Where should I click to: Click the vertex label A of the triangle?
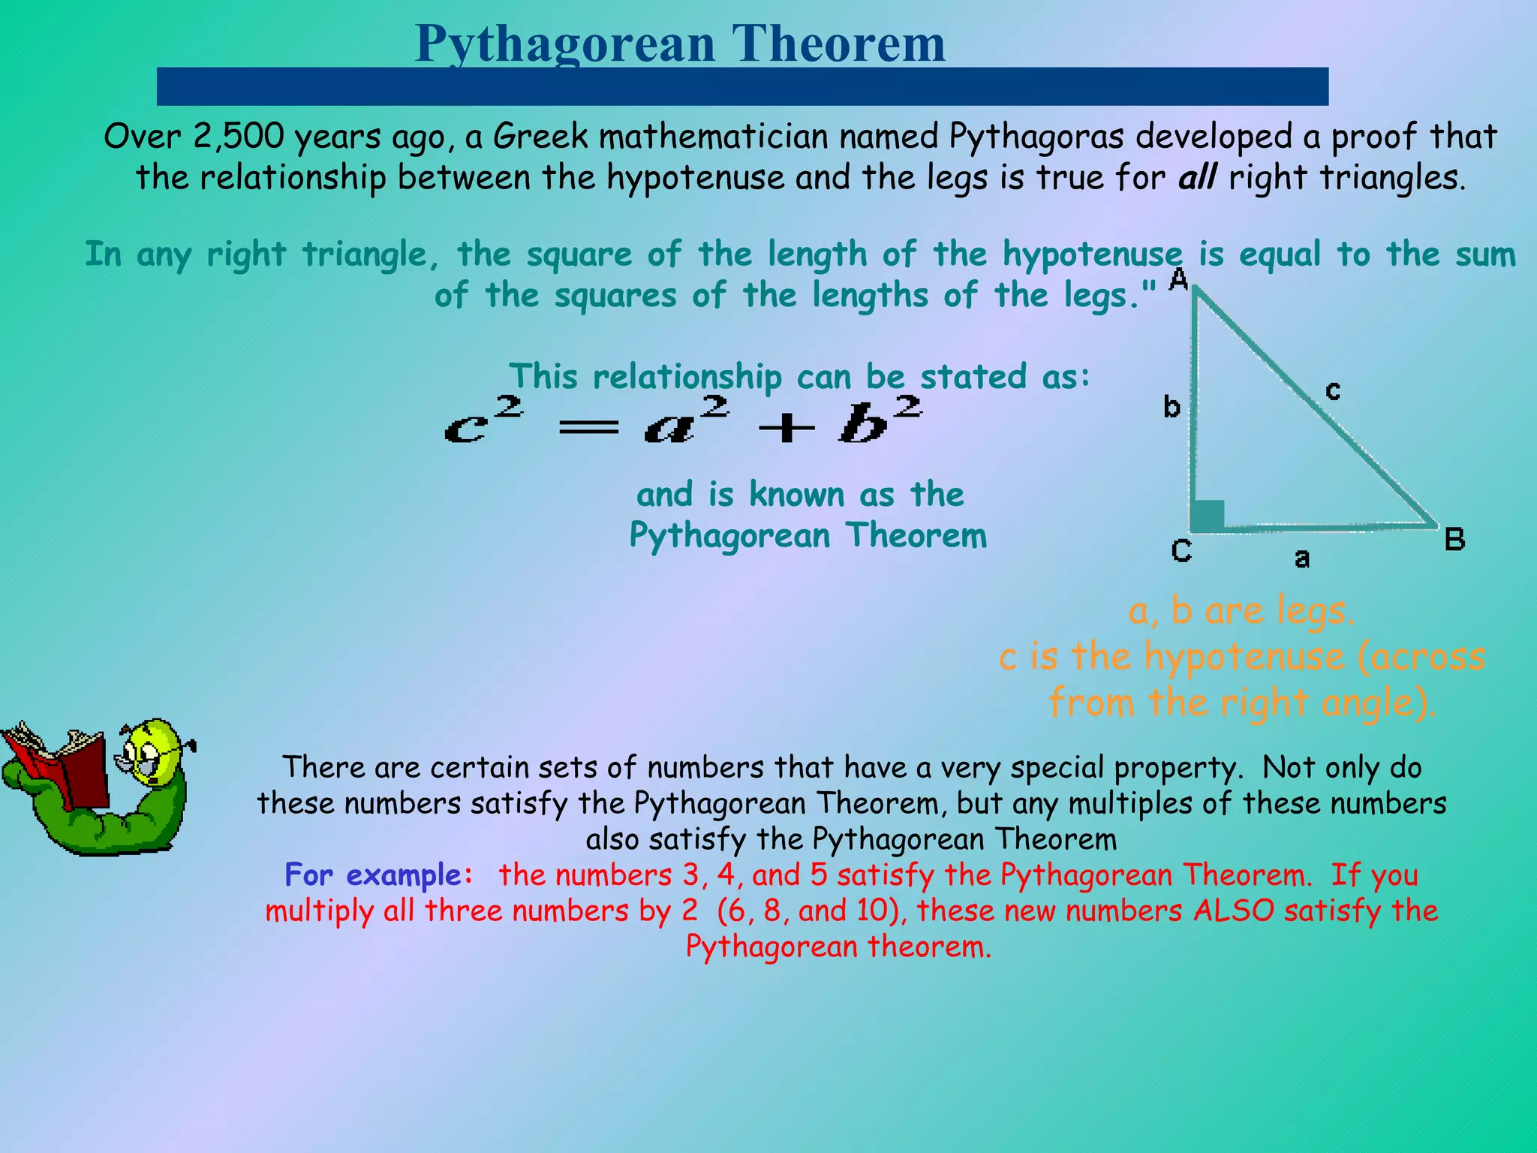pyautogui.click(x=1179, y=279)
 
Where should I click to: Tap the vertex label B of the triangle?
pyautogui.click(x=1454, y=540)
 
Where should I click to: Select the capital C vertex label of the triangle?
pyautogui.click(x=1181, y=551)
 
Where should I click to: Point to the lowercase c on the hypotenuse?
pyautogui.click(x=1333, y=390)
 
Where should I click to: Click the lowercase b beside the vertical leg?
pyautogui.click(x=1172, y=407)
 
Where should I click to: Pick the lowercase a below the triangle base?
pyautogui.click(x=1302, y=558)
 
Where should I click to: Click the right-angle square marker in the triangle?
pyautogui.click(x=1208, y=515)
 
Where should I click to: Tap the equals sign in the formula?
pyautogui.click(x=589, y=428)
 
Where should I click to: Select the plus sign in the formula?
pyautogui.click(x=786, y=429)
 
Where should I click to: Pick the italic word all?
pyautogui.click(x=1197, y=178)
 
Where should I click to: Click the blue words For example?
pyautogui.click(x=378, y=875)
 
